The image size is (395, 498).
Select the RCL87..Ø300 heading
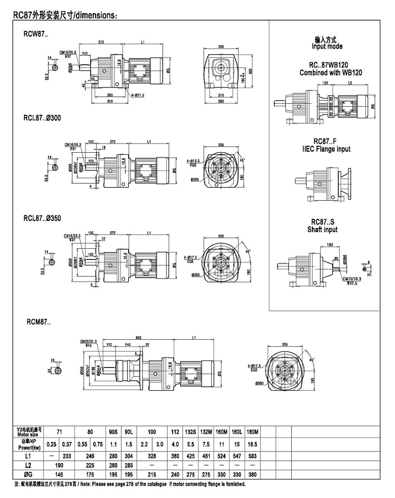coord(42,118)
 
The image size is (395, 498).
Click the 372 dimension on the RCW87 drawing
coord(102,42)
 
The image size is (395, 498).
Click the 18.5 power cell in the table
coord(252,444)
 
